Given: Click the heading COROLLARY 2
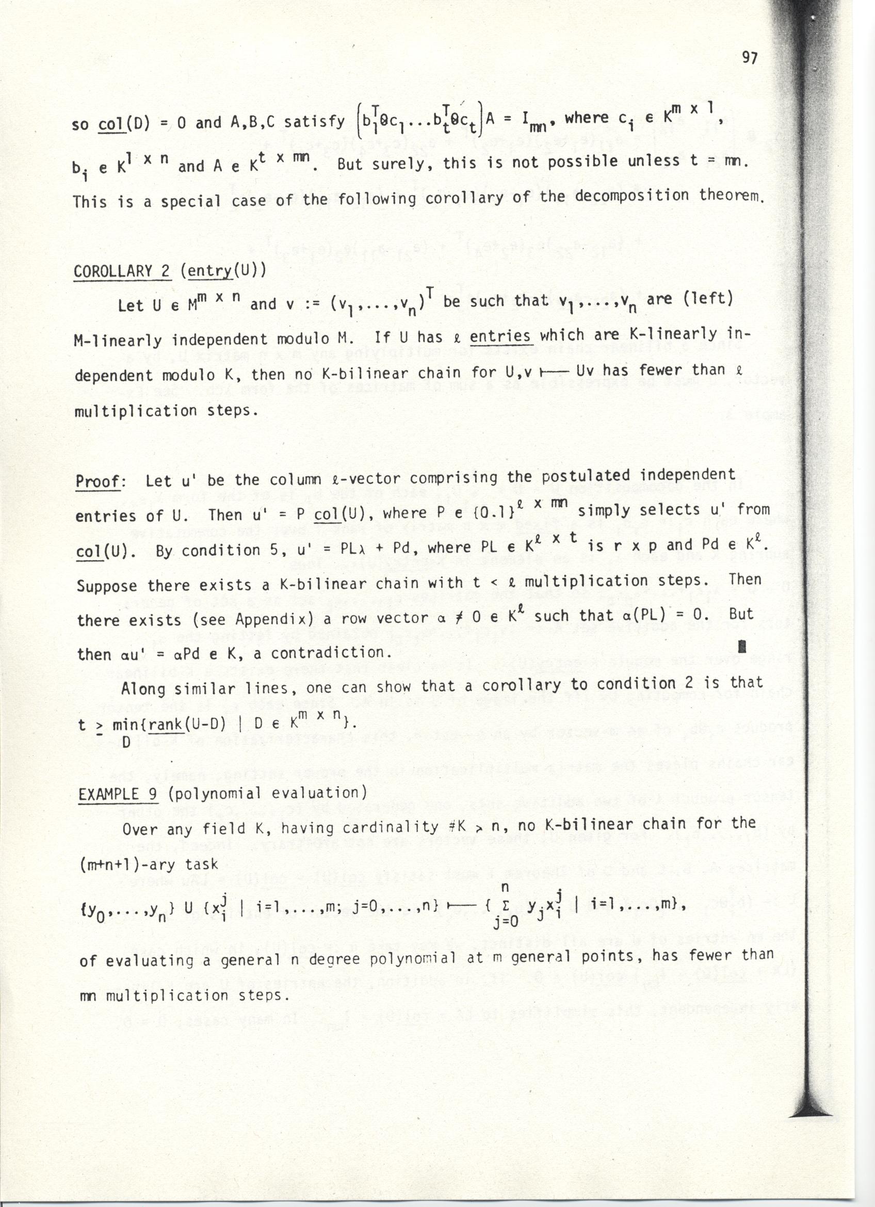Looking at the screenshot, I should (x=122, y=271).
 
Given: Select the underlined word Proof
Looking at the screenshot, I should (x=100, y=481).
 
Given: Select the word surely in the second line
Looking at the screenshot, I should (x=396, y=163).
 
